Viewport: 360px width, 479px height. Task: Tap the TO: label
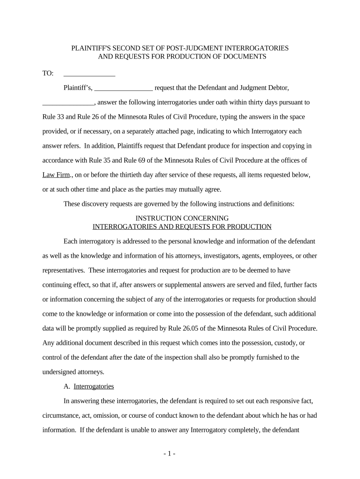pyautogui.click(x=48, y=73)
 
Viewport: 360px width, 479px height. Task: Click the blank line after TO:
pyautogui.click(x=89, y=74)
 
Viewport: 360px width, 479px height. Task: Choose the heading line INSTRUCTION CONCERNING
pyautogui.click(x=182, y=218)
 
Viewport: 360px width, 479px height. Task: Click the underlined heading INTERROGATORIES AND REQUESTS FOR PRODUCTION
pyautogui.click(x=182, y=227)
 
